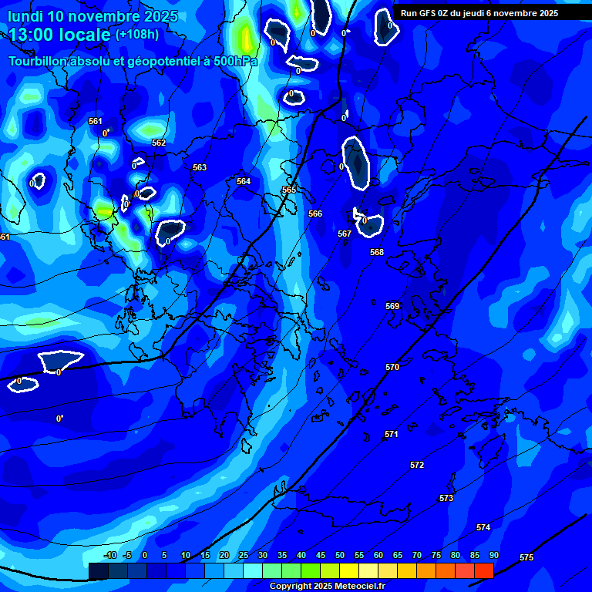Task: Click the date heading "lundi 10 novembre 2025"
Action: (x=92, y=16)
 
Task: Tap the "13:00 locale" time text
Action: (x=60, y=35)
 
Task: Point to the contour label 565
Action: (x=289, y=190)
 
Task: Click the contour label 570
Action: (x=392, y=368)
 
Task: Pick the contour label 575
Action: (x=526, y=557)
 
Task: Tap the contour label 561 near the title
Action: (x=95, y=121)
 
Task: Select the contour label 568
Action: (x=377, y=252)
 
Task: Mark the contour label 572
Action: (x=417, y=465)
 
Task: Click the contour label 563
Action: (x=200, y=167)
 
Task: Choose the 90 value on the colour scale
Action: (x=493, y=556)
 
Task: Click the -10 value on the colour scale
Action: (x=109, y=556)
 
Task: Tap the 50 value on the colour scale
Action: (x=340, y=556)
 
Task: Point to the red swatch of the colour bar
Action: (x=483, y=570)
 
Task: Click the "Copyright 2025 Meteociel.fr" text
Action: (x=328, y=587)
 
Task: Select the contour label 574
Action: (x=483, y=527)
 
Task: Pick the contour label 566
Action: (x=315, y=214)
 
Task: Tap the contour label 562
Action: (x=159, y=143)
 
